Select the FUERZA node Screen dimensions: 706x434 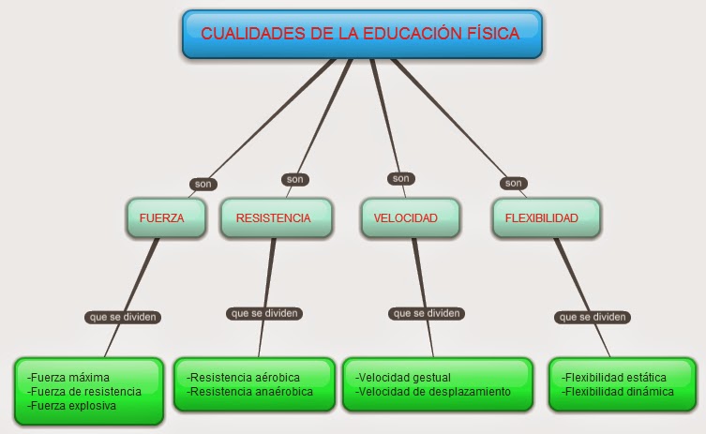pyautogui.click(x=161, y=217)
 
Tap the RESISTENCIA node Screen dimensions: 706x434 pyautogui.click(x=273, y=217)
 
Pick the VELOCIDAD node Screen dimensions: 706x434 pyautogui.click(x=406, y=217)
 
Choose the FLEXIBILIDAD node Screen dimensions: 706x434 pyautogui.click(x=541, y=217)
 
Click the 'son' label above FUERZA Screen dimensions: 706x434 pyautogui.click(x=203, y=185)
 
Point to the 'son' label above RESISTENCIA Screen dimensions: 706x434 pyautogui.click(x=295, y=179)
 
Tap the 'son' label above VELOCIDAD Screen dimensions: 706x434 pyautogui.click(x=401, y=178)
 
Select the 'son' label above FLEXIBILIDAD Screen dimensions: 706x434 pyautogui.click(x=512, y=183)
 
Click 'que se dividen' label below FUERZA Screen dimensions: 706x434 pyautogui.click(x=123, y=317)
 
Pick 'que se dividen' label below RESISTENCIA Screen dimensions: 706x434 pyautogui.click(x=263, y=313)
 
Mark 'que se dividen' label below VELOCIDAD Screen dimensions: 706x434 pyautogui.click(x=427, y=313)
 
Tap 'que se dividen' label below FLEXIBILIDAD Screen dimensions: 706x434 pyautogui.click(x=593, y=317)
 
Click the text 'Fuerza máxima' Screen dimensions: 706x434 pyautogui.click(x=68, y=378)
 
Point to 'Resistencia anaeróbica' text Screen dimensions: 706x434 pyautogui.click(x=250, y=391)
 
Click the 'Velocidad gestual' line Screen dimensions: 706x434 pyautogui.click(x=404, y=377)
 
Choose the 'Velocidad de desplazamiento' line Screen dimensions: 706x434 pyautogui.click(x=433, y=391)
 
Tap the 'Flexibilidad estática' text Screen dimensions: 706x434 pyautogui.click(x=615, y=377)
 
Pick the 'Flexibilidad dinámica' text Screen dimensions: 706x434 pyautogui.click(x=618, y=391)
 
